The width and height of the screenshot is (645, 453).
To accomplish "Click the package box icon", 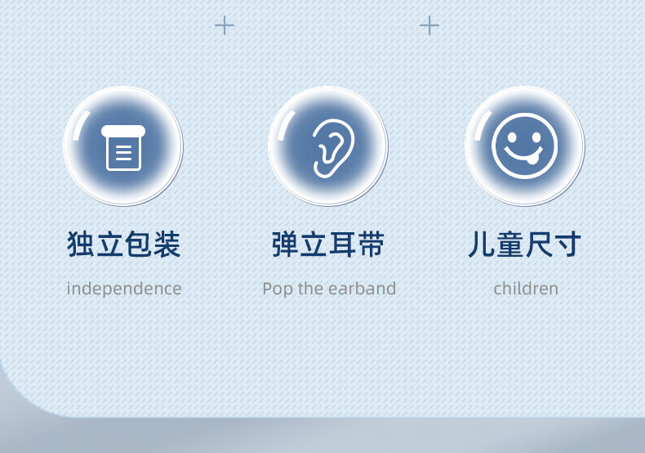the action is (123, 147).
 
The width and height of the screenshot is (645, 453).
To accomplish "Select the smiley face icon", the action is (524, 146).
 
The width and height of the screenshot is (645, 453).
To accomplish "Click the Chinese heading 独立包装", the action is (124, 244).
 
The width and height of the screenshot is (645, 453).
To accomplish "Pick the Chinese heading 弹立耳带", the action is (328, 244).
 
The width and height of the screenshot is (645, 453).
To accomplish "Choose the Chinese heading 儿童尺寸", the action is (525, 244).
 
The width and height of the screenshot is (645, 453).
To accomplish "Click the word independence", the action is (124, 289).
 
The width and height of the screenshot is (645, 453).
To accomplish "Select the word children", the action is (526, 289).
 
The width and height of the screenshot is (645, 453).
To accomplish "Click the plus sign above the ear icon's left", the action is (225, 25).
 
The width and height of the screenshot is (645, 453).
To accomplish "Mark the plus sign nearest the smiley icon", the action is (429, 25).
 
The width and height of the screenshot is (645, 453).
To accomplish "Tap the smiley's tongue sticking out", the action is (532, 159).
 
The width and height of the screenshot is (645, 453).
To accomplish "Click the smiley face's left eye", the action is (512, 137).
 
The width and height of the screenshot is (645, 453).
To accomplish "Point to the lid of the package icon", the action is (123, 131).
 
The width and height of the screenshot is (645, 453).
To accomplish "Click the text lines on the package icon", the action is (124, 153).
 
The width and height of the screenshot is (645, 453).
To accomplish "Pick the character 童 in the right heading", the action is (510, 244).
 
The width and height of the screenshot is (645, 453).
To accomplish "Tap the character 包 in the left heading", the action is (138, 244).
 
